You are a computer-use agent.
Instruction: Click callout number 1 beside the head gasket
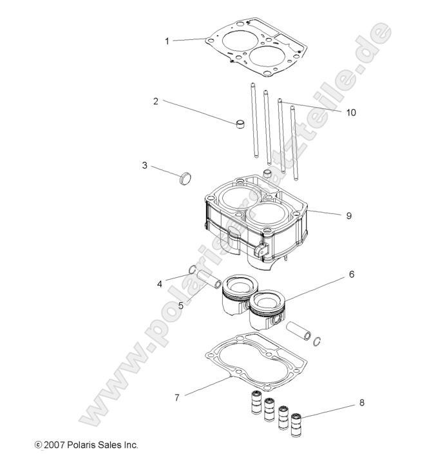[x=167, y=41]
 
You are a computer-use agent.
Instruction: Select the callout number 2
[x=156, y=101]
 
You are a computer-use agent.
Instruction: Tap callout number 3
[x=145, y=166]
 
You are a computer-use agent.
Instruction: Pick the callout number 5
[x=181, y=305]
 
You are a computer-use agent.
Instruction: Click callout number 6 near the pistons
[x=352, y=274]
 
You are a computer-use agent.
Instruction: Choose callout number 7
[x=177, y=398]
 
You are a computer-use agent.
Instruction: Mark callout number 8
[x=362, y=403]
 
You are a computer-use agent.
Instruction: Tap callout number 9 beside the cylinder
[x=348, y=216]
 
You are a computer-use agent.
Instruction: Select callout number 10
[x=350, y=112]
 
